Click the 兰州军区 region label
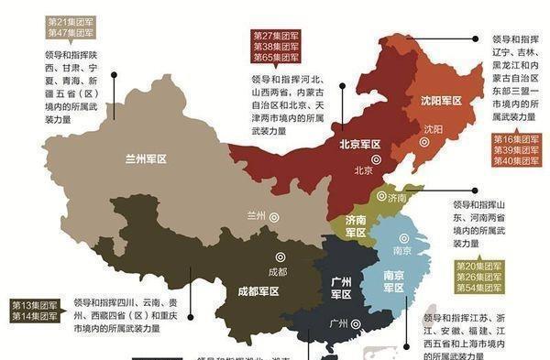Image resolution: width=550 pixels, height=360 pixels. (147, 158)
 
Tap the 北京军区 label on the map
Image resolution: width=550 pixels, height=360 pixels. (360, 144)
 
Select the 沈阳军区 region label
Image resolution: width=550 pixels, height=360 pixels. (439, 101)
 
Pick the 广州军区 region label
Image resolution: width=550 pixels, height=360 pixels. (341, 288)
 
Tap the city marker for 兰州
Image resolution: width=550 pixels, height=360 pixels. (275, 216)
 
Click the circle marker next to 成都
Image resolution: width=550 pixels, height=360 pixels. (281, 257)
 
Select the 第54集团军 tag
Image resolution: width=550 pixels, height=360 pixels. (479, 288)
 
